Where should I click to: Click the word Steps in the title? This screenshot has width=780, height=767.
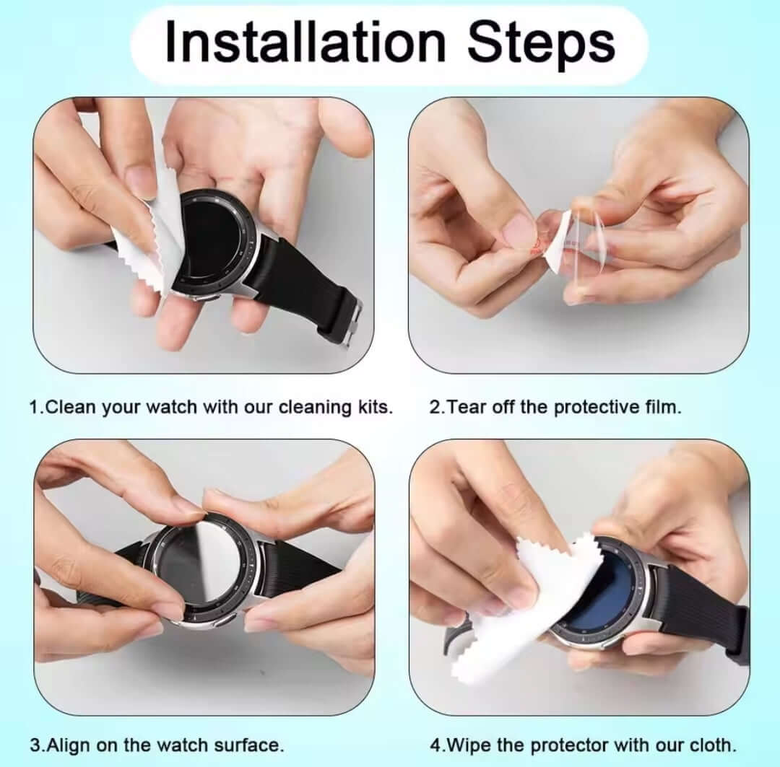click(x=542, y=43)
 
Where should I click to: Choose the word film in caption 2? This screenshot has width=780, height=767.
click(x=662, y=407)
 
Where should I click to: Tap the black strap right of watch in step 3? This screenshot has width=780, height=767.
click(x=296, y=571)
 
